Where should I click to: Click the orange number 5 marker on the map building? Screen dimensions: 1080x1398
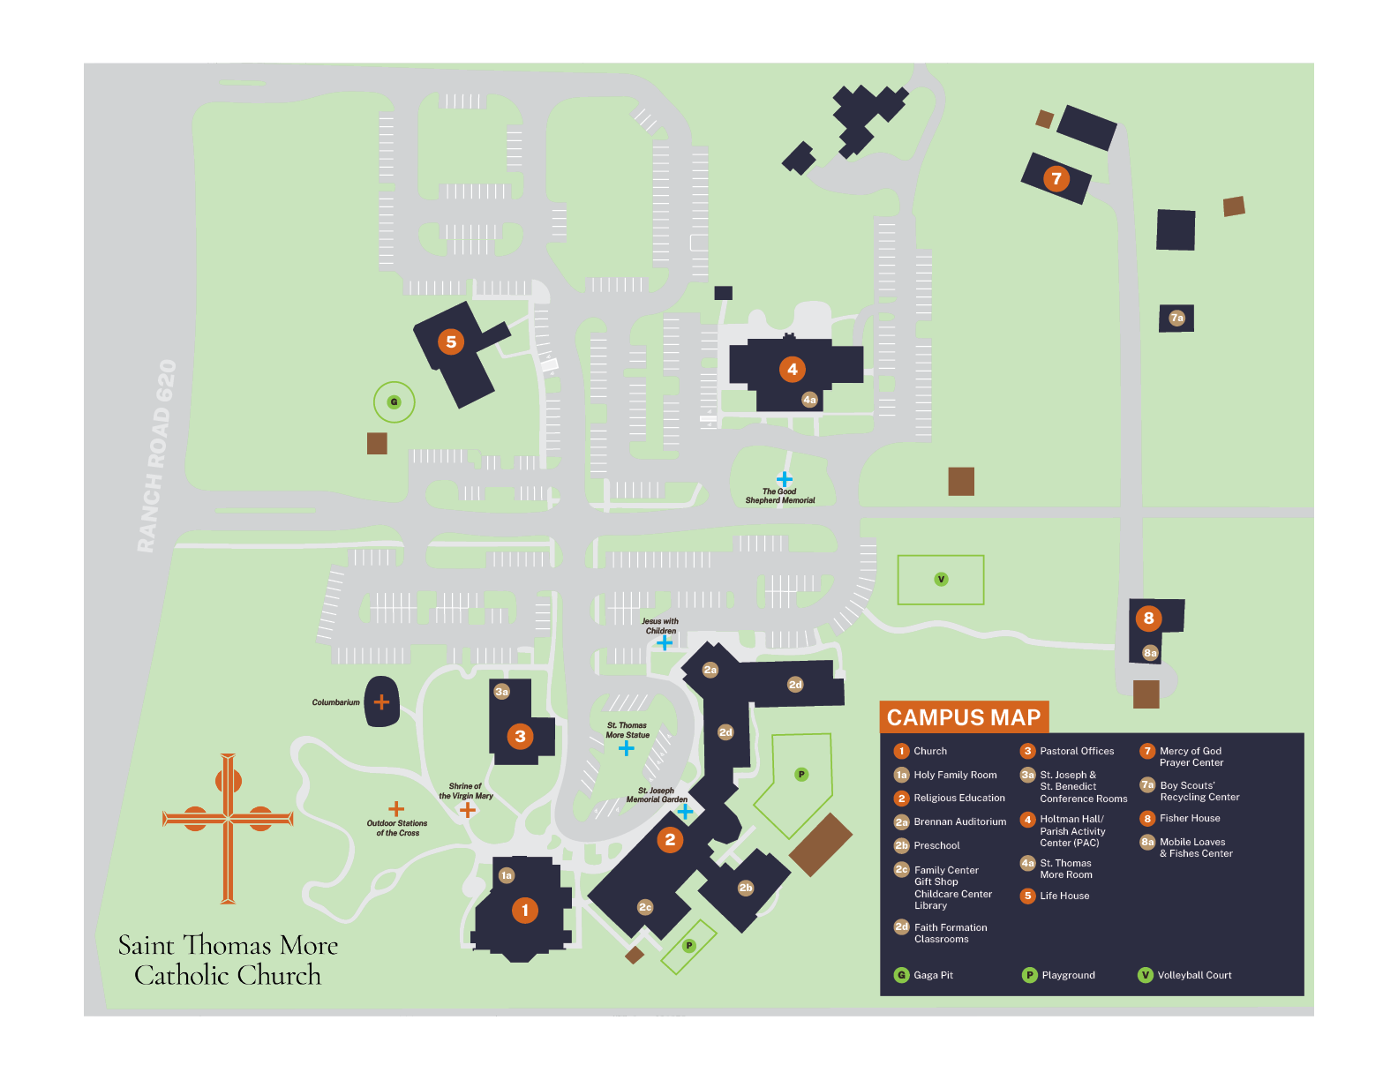point(451,341)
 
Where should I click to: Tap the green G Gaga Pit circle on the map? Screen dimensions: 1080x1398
point(394,402)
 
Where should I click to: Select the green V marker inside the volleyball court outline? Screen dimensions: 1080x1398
point(941,580)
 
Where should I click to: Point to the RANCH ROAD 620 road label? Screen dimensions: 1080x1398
point(157,456)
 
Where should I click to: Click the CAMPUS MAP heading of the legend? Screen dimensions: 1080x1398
point(963,717)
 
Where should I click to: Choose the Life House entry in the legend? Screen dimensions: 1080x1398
point(1064,896)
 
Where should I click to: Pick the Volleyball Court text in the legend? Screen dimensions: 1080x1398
point(1194,975)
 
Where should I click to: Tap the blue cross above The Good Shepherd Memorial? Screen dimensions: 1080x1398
point(784,479)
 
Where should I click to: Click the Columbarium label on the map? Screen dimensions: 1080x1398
point(335,702)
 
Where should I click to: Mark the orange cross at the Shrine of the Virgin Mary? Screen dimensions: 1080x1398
point(468,809)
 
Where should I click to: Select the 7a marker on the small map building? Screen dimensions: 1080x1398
point(1176,318)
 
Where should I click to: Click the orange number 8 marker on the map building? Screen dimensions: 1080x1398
point(1148,618)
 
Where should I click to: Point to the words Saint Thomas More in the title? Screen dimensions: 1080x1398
point(228,945)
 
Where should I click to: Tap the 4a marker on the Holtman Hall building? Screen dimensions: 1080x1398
point(809,400)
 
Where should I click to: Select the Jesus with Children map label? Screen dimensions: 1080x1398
point(660,626)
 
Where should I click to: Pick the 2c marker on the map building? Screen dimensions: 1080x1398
point(645,907)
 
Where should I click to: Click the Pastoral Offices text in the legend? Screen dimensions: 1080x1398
point(1077,751)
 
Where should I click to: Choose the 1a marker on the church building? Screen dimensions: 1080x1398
point(506,875)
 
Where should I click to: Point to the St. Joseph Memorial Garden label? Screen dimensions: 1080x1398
point(657,795)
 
